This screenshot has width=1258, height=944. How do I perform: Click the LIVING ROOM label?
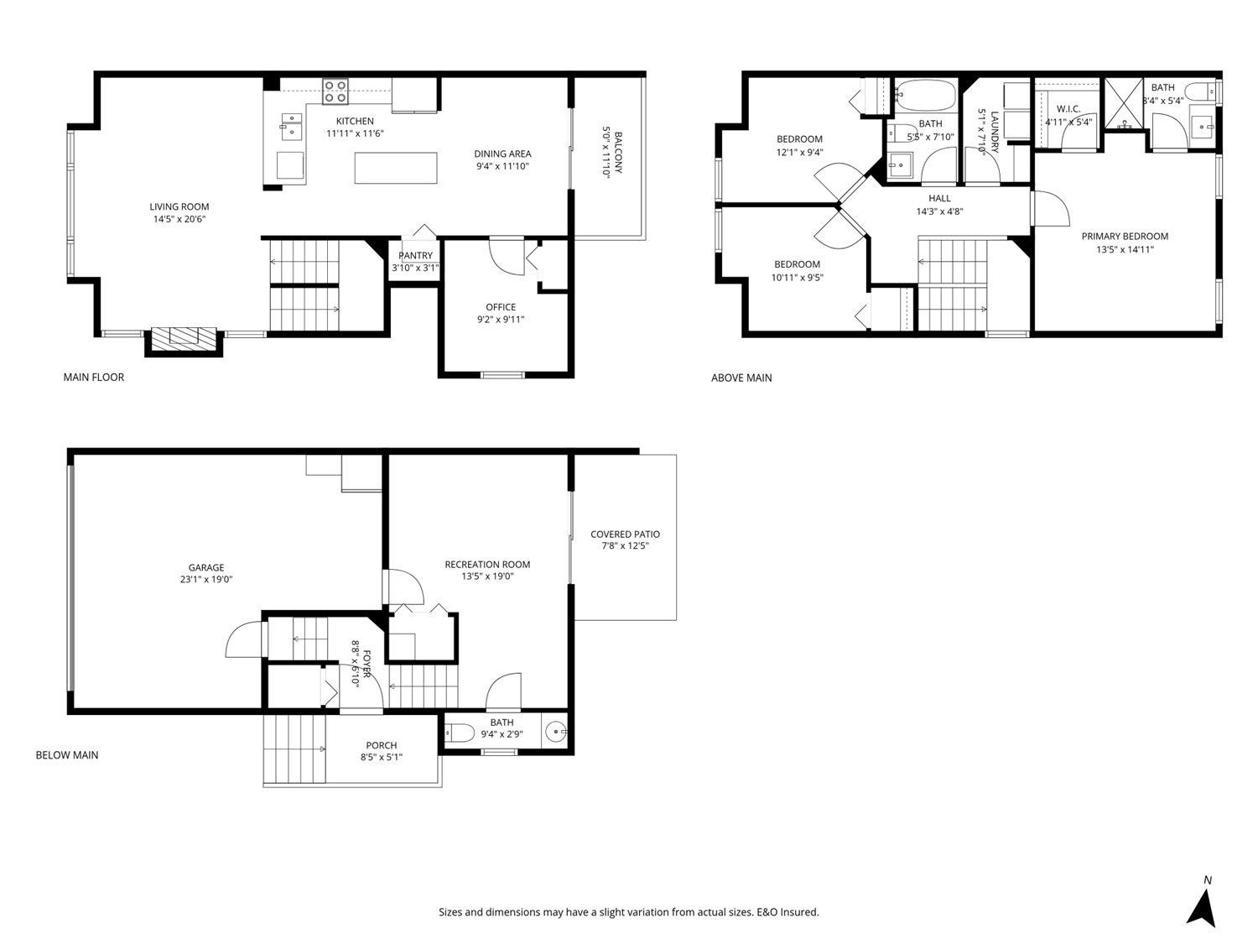[x=179, y=206]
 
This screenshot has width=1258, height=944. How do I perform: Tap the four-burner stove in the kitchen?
[x=335, y=91]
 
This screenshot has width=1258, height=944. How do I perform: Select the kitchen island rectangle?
[x=396, y=168]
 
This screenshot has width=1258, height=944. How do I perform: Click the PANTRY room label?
[x=415, y=255]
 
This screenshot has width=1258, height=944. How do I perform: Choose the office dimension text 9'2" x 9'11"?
[x=501, y=319]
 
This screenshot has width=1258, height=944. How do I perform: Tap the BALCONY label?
[x=618, y=153]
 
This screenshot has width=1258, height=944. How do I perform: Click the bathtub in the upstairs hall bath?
[x=926, y=95]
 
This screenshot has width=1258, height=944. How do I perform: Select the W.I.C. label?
[x=1068, y=109]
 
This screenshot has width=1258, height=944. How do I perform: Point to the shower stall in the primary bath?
[x=1123, y=102]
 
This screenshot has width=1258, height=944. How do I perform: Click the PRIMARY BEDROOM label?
[x=1125, y=236]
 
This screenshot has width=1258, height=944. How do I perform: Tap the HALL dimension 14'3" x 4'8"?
[x=939, y=211]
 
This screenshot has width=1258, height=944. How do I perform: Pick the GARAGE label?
[x=206, y=567]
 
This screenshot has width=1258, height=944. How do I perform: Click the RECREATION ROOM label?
[x=487, y=564]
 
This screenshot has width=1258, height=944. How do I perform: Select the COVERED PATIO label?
[x=625, y=535]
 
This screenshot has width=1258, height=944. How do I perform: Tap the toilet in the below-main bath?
[x=460, y=732]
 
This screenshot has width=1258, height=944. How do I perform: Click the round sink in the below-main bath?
[x=555, y=732]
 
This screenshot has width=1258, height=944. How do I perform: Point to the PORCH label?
[x=381, y=745]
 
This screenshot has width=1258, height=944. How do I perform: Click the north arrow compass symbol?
[x=1200, y=905]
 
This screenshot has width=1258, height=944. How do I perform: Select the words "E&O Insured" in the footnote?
[x=788, y=912]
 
